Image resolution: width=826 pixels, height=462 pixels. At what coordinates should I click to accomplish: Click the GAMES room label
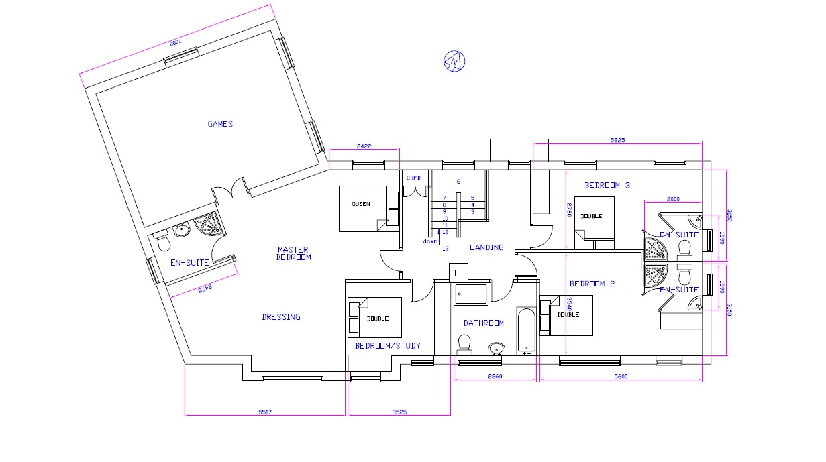click(x=220, y=124)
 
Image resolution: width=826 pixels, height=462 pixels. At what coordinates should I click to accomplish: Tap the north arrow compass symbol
click(x=454, y=61)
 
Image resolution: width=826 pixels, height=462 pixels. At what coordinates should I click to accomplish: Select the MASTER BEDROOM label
click(x=293, y=253)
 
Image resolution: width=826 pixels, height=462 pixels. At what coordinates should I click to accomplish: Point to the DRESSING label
click(x=281, y=317)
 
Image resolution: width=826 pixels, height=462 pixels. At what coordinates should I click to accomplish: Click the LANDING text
click(x=486, y=247)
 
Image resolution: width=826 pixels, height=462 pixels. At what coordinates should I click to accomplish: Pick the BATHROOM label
click(x=483, y=323)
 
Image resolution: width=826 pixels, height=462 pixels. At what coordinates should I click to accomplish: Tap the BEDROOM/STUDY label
click(x=388, y=346)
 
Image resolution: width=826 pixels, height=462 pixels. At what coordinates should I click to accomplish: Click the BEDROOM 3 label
click(x=607, y=185)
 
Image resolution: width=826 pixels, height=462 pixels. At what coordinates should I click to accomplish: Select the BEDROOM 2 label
click(x=592, y=284)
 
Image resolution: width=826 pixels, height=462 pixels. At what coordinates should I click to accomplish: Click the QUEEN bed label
click(x=360, y=204)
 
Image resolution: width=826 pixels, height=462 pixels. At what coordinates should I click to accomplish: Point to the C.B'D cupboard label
click(x=413, y=178)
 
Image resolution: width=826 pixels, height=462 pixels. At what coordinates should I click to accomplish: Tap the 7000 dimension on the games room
click(x=176, y=42)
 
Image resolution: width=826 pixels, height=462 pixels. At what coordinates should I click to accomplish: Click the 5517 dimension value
click(x=265, y=412)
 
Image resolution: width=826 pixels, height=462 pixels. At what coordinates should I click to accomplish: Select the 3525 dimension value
click(x=399, y=412)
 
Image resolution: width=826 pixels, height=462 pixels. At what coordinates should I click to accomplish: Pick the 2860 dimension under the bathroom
click(x=495, y=376)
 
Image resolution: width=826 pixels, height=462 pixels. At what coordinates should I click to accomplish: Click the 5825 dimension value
click(x=618, y=140)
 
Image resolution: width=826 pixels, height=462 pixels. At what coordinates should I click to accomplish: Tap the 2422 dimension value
click(x=364, y=146)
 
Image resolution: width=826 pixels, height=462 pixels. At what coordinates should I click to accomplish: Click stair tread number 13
click(x=446, y=249)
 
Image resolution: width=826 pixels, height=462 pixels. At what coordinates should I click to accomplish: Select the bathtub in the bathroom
click(x=526, y=331)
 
